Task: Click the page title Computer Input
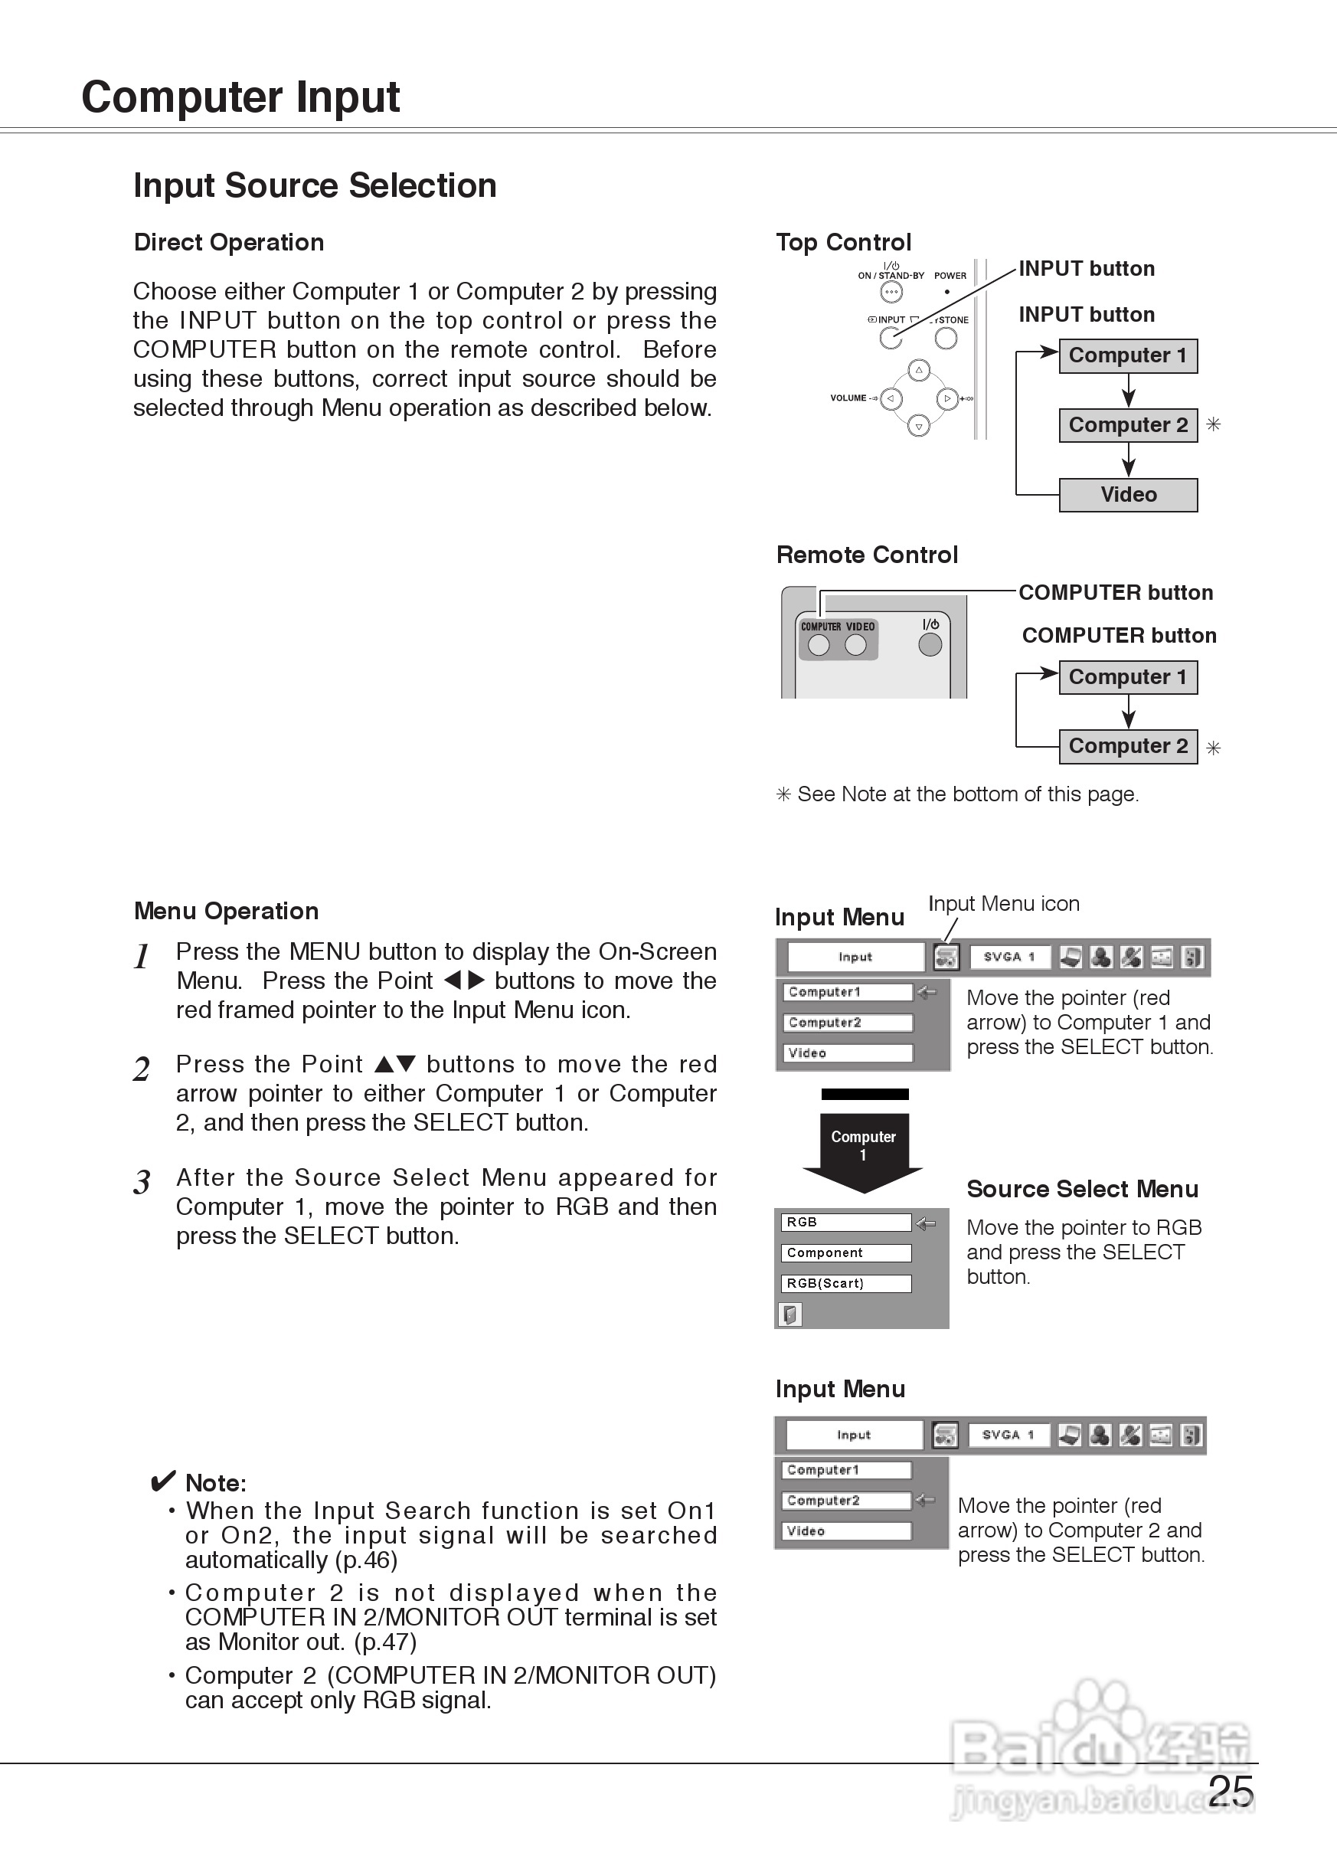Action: click(x=240, y=97)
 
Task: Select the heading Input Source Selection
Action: click(x=315, y=185)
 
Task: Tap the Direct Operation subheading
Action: click(x=229, y=242)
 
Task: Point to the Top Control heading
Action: click(x=843, y=242)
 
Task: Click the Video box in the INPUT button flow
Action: click(x=1128, y=495)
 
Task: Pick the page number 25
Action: click(x=1231, y=1791)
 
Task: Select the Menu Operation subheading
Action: click(x=227, y=911)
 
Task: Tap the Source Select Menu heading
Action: click(x=1082, y=1189)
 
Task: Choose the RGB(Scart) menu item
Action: click(x=845, y=1283)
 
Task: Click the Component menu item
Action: click(x=845, y=1252)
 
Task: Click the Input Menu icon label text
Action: click(x=1004, y=903)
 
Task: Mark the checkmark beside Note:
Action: click(x=163, y=1481)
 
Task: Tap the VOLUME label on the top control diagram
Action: click(x=848, y=398)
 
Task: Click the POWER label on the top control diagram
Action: click(x=950, y=276)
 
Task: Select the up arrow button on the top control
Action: click(x=919, y=370)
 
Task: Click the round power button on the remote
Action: click(x=930, y=645)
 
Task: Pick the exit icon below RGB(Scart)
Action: click(x=790, y=1315)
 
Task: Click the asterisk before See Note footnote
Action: click(x=783, y=794)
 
